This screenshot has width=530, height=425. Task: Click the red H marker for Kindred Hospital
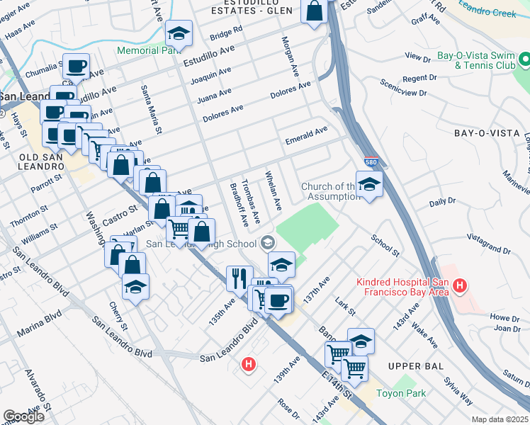[460, 287]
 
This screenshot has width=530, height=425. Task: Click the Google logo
[23, 416]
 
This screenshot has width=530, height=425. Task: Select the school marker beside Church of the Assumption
[369, 185]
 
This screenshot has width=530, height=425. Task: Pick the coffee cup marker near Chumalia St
[76, 67]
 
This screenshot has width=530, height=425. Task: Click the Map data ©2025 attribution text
[499, 419]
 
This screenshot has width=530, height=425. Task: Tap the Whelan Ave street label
[273, 190]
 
